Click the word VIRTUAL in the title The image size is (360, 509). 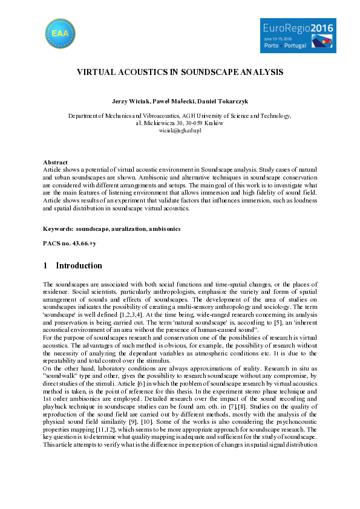[x=96, y=72]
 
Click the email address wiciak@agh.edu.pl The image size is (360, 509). [x=180, y=130]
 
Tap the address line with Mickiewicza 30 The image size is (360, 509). [x=180, y=123]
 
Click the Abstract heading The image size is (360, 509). [x=55, y=163]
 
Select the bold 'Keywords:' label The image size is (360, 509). [x=58, y=229]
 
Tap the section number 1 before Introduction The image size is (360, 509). [x=45, y=266]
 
